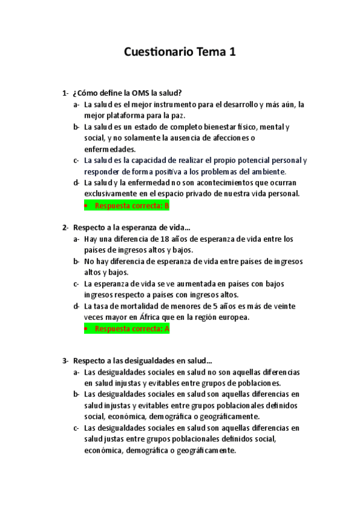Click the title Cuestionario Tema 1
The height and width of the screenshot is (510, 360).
click(x=180, y=52)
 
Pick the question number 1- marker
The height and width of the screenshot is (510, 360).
click(x=65, y=93)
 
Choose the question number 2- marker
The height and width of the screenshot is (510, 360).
click(x=65, y=227)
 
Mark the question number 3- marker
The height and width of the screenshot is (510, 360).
click(x=65, y=361)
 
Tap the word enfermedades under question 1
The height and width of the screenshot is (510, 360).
click(x=110, y=149)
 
